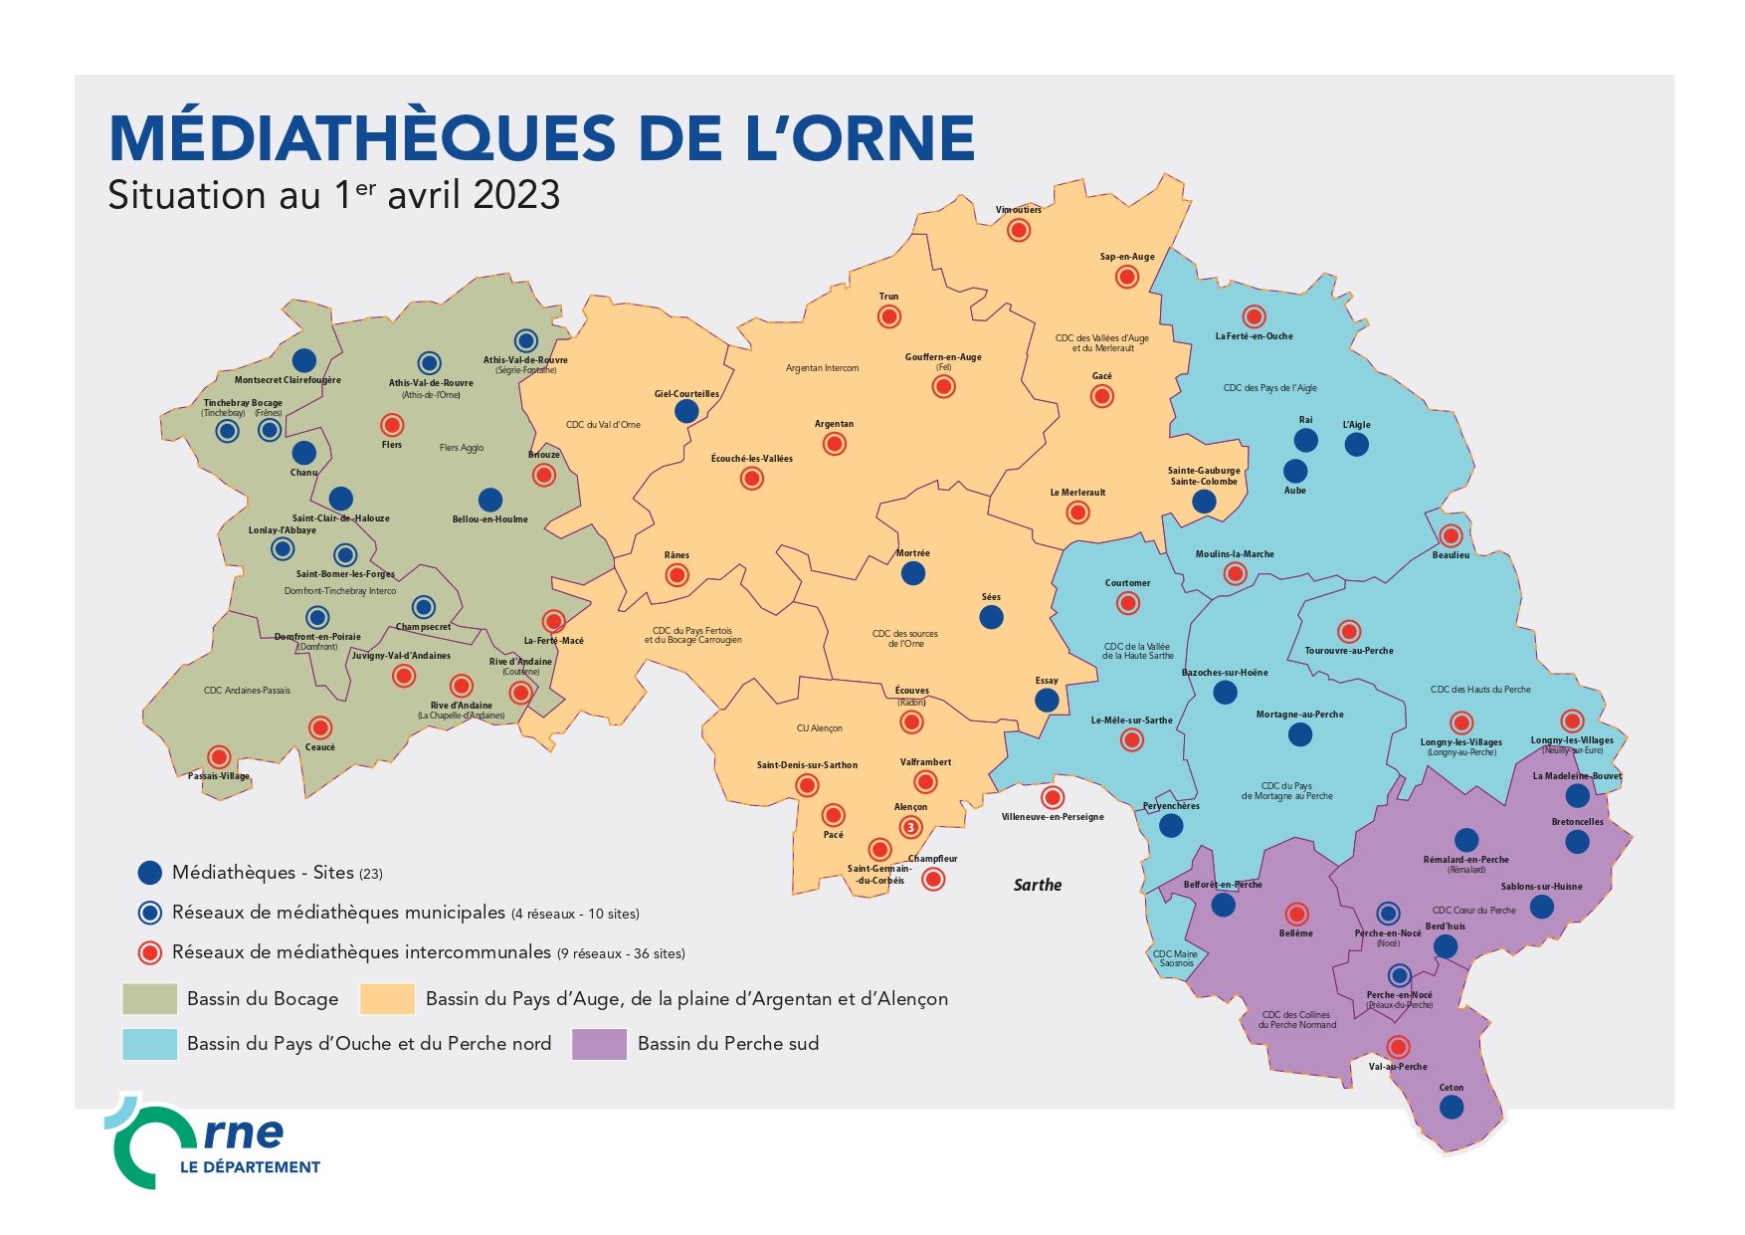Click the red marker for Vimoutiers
pos(1018,230)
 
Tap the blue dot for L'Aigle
pos(1357,444)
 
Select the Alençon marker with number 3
pos(910,827)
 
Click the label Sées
pos(991,597)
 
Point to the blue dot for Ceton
pos(1452,1108)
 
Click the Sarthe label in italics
pos(1037,885)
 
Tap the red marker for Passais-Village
pos(219,757)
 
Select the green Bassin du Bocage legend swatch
pos(149,998)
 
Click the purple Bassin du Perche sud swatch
pos(599,1044)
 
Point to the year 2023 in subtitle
pos(516,194)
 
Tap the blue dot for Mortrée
pos(912,572)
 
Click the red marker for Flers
pos(392,425)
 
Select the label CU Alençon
pos(819,728)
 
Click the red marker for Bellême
pos(1296,914)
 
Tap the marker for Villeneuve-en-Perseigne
pos(1053,797)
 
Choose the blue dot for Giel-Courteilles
pos(686,411)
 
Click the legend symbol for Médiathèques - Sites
pos(149,873)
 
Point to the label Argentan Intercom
pos(822,368)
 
